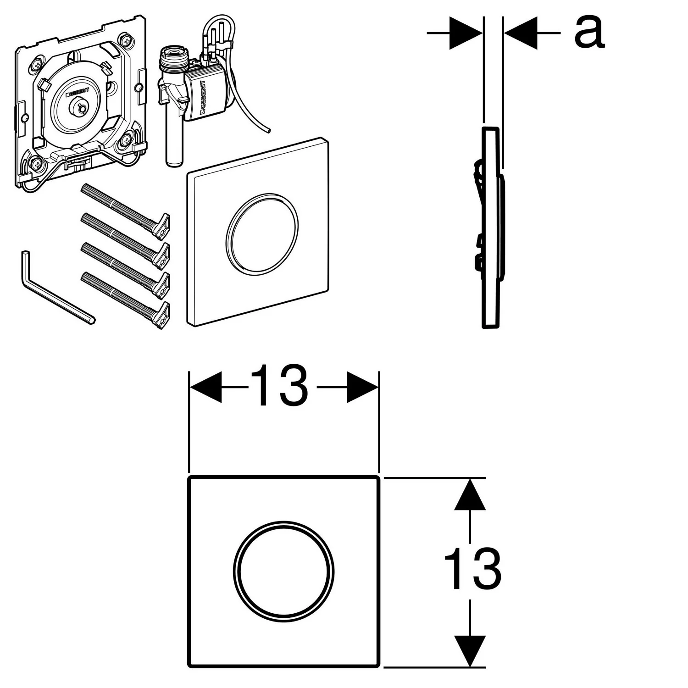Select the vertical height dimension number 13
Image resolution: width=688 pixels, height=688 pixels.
pyautogui.click(x=472, y=569)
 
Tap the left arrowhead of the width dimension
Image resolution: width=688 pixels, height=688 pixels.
pyautogui.click(x=205, y=387)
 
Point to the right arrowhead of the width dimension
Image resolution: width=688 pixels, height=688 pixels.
pyautogui.click(x=362, y=387)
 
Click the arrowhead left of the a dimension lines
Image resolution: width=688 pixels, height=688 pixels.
pyautogui.click(x=466, y=33)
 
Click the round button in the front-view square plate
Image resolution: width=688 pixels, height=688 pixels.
pyautogui.click(x=283, y=571)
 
